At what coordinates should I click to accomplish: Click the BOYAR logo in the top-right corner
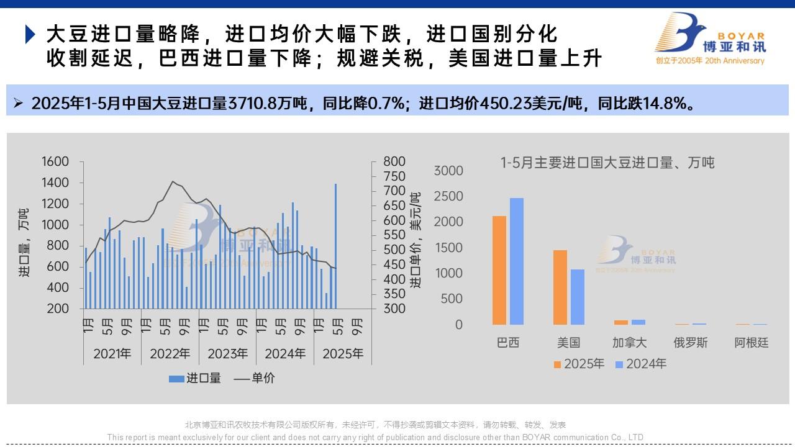click(x=710, y=38)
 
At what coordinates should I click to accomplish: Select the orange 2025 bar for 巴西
click(x=499, y=270)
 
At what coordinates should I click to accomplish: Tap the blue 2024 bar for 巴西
click(x=517, y=261)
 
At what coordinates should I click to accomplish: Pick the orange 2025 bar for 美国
click(x=560, y=287)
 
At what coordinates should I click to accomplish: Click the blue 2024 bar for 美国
click(x=577, y=297)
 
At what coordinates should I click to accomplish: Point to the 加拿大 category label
click(x=630, y=343)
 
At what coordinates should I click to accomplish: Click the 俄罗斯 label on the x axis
click(x=691, y=343)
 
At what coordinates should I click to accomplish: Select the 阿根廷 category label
click(x=752, y=343)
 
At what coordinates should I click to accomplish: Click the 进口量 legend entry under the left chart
click(x=195, y=378)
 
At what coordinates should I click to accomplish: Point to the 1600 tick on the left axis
click(x=55, y=161)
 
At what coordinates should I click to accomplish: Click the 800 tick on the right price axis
click(x=394, y=161)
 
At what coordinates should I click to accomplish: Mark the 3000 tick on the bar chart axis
click(x=448, y=171)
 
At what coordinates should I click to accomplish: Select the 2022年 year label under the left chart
click(x=170, y=354)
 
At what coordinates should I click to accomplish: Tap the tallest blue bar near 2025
click(x=336, y=246)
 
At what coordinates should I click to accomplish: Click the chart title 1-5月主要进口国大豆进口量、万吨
click(x=607, y=163)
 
